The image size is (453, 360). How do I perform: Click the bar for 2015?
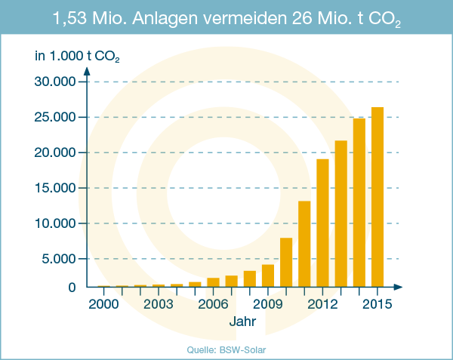tap(377, 197)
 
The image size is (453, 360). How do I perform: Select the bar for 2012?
tap(322, 223)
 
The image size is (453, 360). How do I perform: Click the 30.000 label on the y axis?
tap(55, 82)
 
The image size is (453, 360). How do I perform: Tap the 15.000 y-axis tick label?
tap(55, 188)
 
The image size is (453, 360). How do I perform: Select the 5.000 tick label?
tap(59, 259)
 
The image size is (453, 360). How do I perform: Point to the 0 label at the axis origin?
tap(72, 287)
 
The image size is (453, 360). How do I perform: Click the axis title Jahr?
tap(242, 322)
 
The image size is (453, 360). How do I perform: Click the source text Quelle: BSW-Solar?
tap(226, 349)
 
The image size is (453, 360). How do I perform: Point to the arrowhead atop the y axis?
tap(88, 71)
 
